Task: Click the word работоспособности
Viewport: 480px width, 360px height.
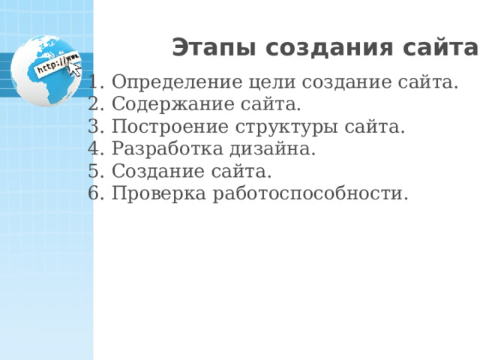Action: (310, 193)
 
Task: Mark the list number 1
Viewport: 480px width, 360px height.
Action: (93, 81)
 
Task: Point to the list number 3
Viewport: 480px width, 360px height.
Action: (93, 126)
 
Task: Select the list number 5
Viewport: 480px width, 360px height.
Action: (93, 171)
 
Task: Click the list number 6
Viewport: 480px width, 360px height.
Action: (93, 193)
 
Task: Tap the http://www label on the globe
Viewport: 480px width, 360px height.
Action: (56, 64)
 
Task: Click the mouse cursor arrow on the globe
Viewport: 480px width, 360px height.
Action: (75, 70)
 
